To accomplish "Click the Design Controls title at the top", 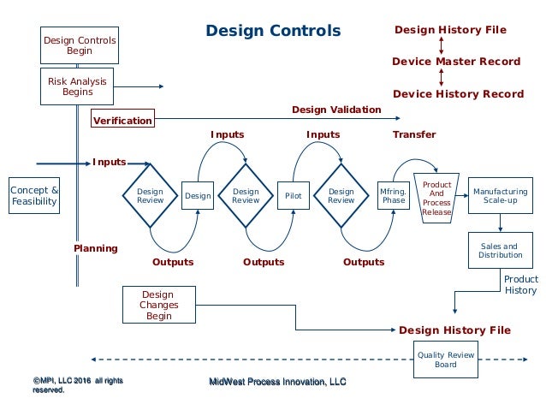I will click(273, 32).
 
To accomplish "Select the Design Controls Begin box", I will click(80, 45).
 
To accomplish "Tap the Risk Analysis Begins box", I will click(78, 86).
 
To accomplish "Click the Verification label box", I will click(122, 120).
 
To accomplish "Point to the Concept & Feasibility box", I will click(35, 196).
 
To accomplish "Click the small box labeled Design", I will click(198, 196).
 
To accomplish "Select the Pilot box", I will click(294, 196).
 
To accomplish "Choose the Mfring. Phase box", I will click(394, 196).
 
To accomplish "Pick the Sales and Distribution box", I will click(500, 251).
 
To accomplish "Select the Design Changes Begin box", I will click(158, 304).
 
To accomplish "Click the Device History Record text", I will click(458, 93).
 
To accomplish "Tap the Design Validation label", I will click(336, 110).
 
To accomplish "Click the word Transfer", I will click(414, 134).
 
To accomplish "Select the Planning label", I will click(95, 248).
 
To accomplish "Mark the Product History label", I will click(520, 285).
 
